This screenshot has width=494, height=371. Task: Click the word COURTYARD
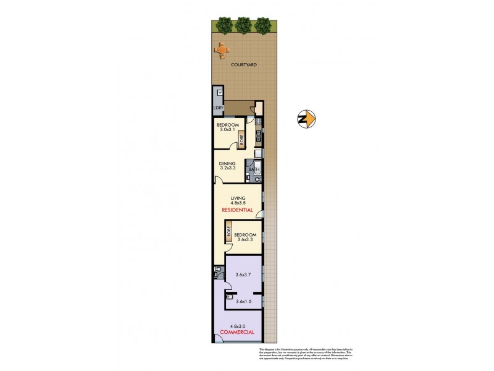point(244,65)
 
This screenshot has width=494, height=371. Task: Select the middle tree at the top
point(243,25)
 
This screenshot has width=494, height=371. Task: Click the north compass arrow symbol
point(306,117)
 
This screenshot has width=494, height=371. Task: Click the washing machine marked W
point(218,93)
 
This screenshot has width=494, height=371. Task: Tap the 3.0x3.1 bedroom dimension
point(228,129)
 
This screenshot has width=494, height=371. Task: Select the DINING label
point(228,164)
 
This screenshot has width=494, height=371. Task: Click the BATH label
point(253,169)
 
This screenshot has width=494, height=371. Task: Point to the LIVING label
point(238,198)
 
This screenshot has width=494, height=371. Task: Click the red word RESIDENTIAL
point(238,210)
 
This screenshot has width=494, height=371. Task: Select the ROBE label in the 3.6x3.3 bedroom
point(228,233)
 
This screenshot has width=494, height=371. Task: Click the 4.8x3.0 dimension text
point(238,326)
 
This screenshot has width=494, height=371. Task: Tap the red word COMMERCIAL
point(238,333)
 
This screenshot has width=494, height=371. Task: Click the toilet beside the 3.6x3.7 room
point(218,271)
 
